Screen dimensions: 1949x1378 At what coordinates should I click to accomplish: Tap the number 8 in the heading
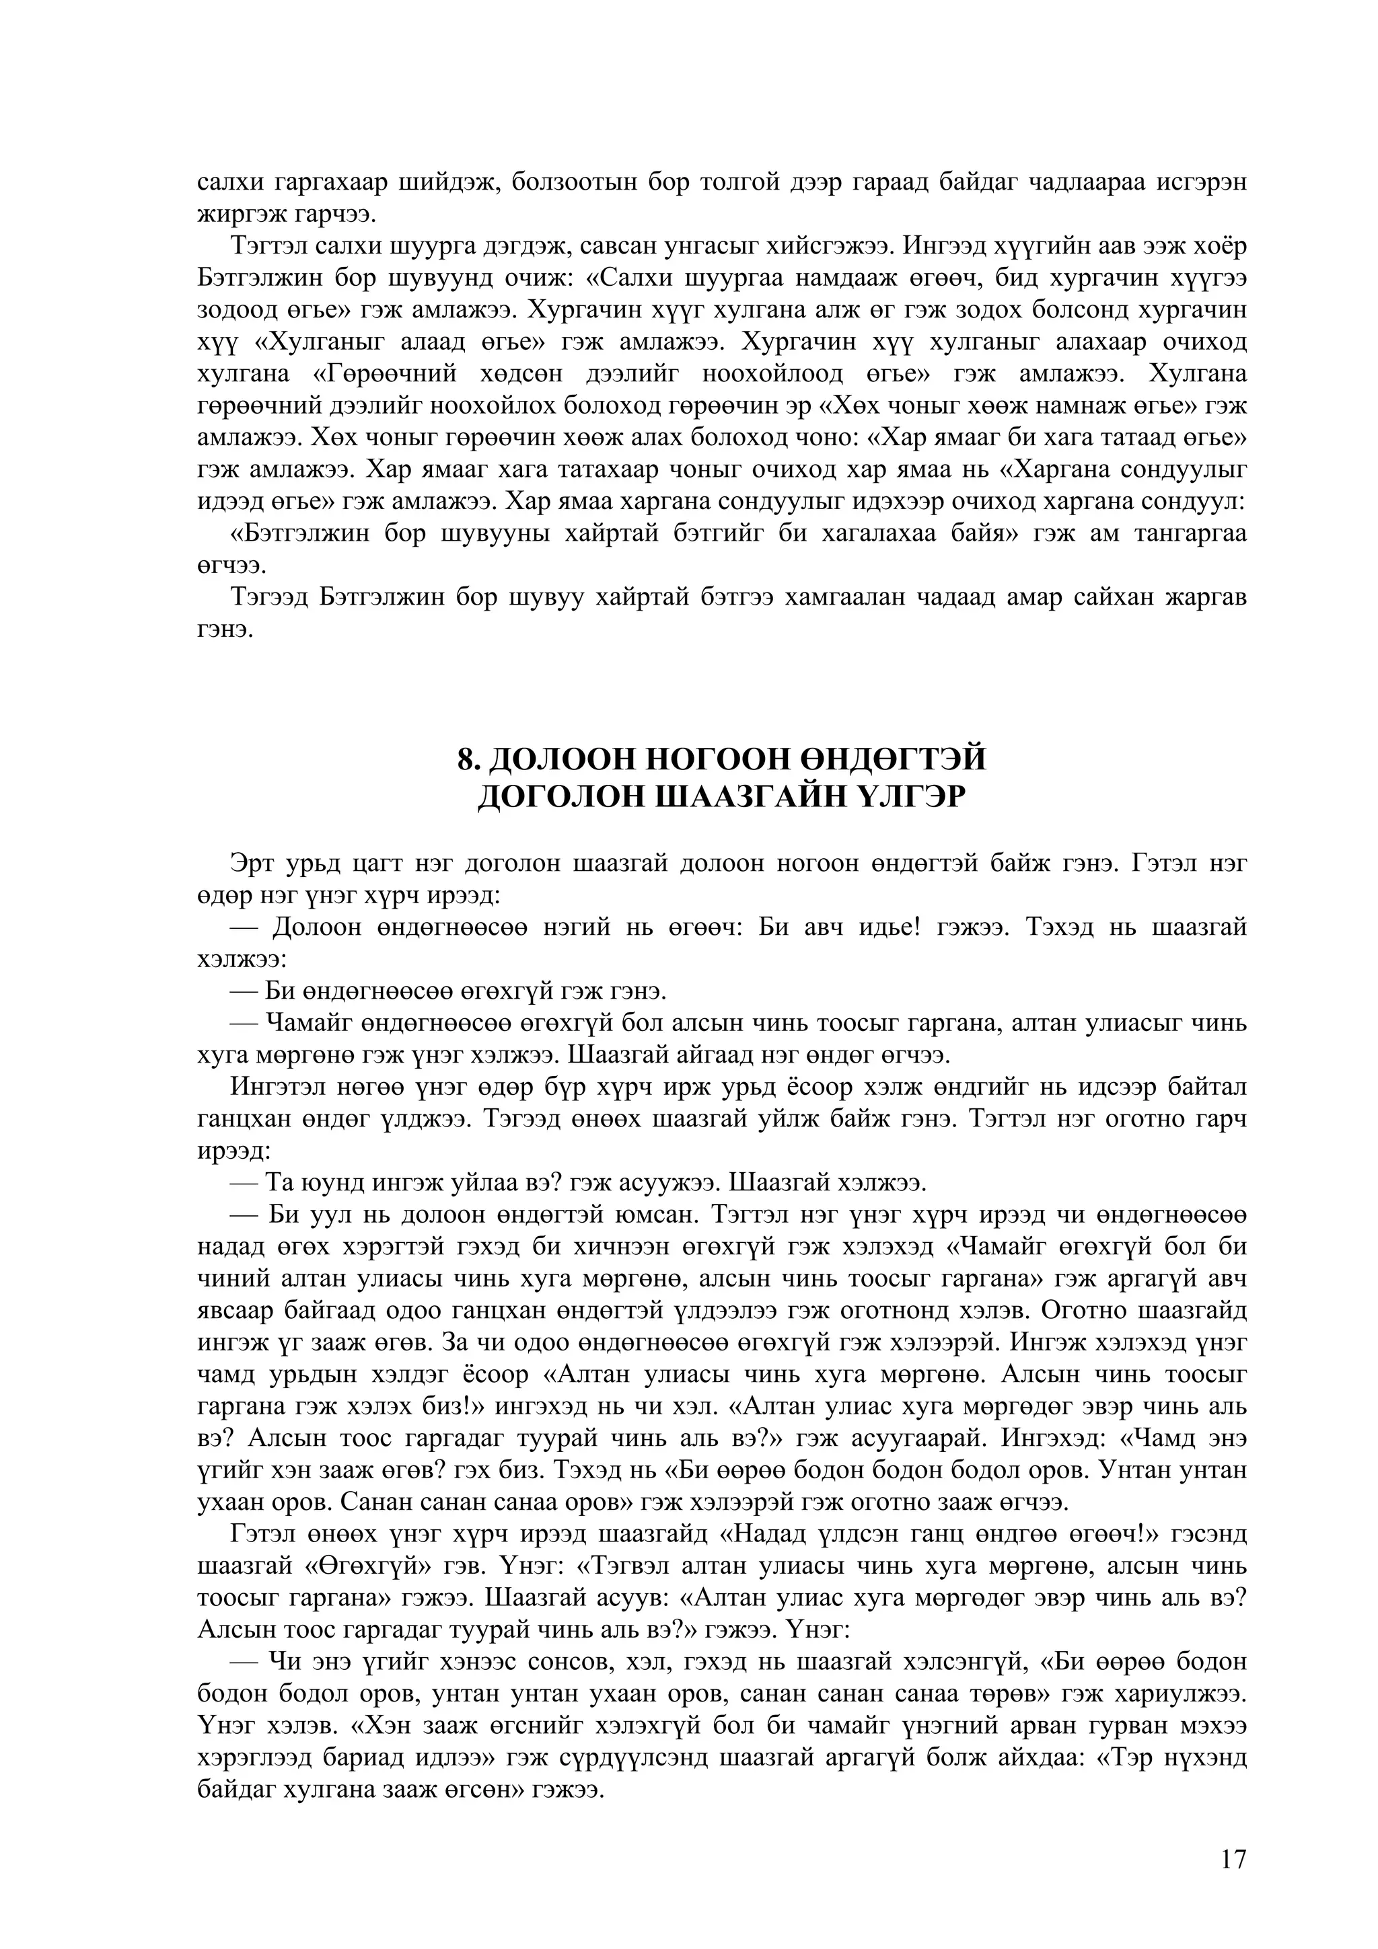coord(464,758)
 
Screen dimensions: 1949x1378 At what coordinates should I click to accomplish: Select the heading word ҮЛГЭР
coord(913,797)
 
